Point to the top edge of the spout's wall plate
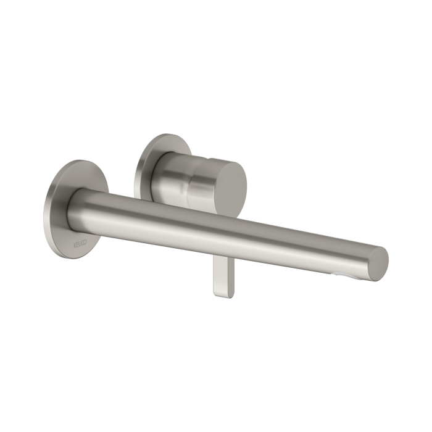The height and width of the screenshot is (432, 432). pyautogui.click(x=80, y=162)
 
